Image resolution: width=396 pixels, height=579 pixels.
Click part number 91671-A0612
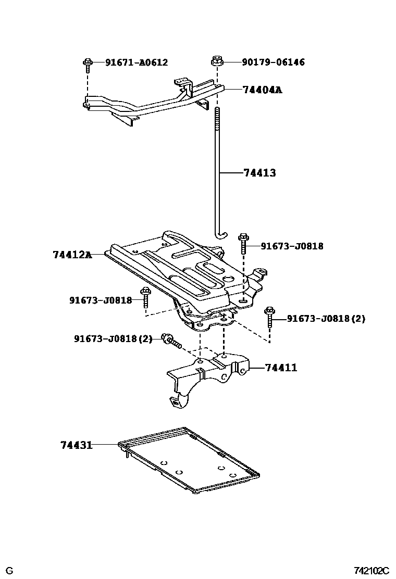[137, 62]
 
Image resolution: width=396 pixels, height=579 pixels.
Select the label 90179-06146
[273, 62]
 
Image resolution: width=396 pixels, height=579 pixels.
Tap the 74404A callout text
[262, 90]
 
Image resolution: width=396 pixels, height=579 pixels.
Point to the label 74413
[259, 173]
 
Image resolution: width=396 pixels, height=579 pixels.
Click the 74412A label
[72, 255]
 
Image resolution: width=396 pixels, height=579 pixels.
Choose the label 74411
[281, 368]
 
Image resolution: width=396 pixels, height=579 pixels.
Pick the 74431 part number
[76, 445]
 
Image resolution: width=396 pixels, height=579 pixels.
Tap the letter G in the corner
[9, 571]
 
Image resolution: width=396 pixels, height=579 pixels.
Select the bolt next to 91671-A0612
[88, 65]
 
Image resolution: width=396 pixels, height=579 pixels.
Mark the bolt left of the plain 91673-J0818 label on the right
[243, 244]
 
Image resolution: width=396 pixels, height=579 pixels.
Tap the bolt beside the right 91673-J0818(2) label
[269, 316]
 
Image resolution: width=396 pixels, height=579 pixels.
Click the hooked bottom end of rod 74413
[221, 235]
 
